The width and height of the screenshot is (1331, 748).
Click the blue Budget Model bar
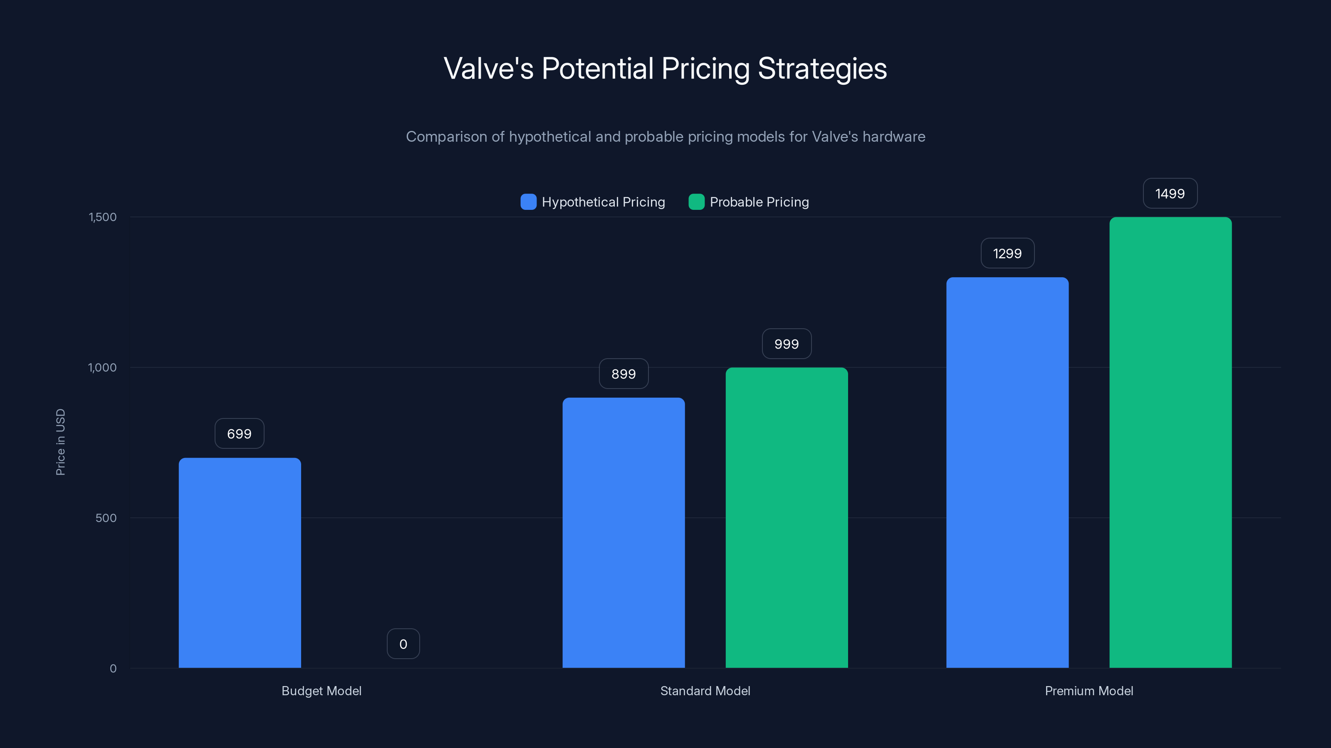pyautogui.click(x=240, y=563)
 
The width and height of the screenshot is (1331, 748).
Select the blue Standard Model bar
pyautogui.click(x=623, y=532)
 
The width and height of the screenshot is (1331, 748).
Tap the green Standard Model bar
pyautogui.click(x=787, y=517)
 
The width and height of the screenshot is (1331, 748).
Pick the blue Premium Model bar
pyautogui.click(x=1007, y=472)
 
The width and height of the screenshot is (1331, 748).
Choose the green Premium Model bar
pyautogui.click(x=1170, y=443)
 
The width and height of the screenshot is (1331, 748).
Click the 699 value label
pyautogui.click(x=239, y=433)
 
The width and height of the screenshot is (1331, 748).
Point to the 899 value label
pyautogui.click(x=623, y=374)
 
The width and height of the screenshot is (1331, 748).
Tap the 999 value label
pyautogui.click(x=787, y=344)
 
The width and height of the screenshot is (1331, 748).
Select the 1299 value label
pyautogui.click(x=1007, y=253)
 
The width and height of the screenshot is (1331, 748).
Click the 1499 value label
pyautogui.click(x=1170, y=194)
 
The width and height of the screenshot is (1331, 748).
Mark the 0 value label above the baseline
pyautogui.click(x=403, y=644)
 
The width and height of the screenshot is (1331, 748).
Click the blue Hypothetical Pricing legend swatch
pyautogui.click(x=528, y=202)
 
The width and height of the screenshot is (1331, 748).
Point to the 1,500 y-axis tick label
pyautogui.click(x=103, y=217)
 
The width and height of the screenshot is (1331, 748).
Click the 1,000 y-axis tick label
pyautogui.click(x=102, y=367)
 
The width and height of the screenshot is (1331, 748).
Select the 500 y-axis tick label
pyautogui.click(x=106, y=518)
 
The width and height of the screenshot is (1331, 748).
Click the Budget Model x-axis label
pyautogui.click(x=322, y=691)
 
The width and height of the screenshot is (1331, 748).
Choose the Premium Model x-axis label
pyautogui.click(x=1089, y=691)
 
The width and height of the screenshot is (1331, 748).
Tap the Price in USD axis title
pyautogui.click(x=60, y=442)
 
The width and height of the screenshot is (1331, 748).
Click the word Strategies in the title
pyautogui.click(x=822, y=69)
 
